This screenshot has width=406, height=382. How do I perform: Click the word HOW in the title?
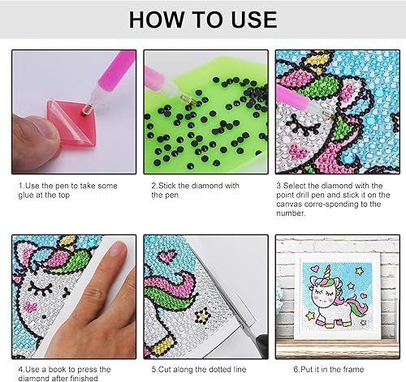156,19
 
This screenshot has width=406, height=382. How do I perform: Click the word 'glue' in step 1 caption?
26,195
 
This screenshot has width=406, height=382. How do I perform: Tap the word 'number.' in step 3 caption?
291,213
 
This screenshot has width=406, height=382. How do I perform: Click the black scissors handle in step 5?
261,346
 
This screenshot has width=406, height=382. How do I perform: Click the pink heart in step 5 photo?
166,257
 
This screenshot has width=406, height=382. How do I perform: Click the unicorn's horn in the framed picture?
327,271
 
